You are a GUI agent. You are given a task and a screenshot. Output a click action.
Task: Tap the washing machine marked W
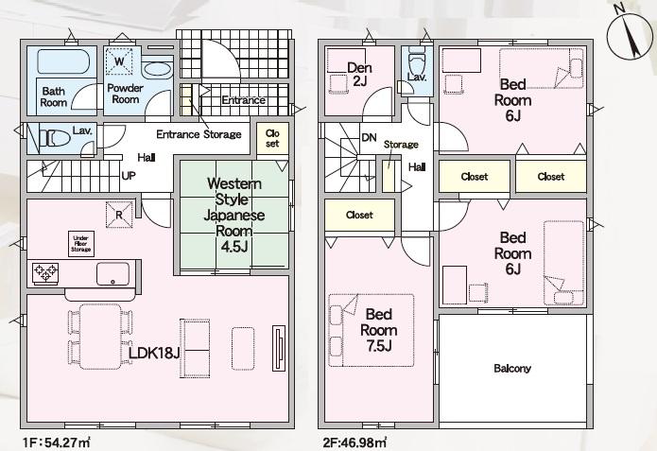[119, 61]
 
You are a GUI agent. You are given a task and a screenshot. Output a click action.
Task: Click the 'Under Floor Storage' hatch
[81, 244]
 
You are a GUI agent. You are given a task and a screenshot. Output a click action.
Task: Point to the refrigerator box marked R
[120, 214]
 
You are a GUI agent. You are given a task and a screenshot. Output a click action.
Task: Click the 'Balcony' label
[512, 368]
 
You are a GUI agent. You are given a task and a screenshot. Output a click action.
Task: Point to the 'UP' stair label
[129, 175]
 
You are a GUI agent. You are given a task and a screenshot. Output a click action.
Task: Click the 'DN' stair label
[369, 138]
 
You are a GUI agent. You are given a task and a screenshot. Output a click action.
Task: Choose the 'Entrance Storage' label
[198, 134]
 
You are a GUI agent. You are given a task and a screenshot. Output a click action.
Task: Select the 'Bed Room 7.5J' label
[379, 331]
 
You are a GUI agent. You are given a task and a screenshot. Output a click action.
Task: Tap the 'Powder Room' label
[124, 94]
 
